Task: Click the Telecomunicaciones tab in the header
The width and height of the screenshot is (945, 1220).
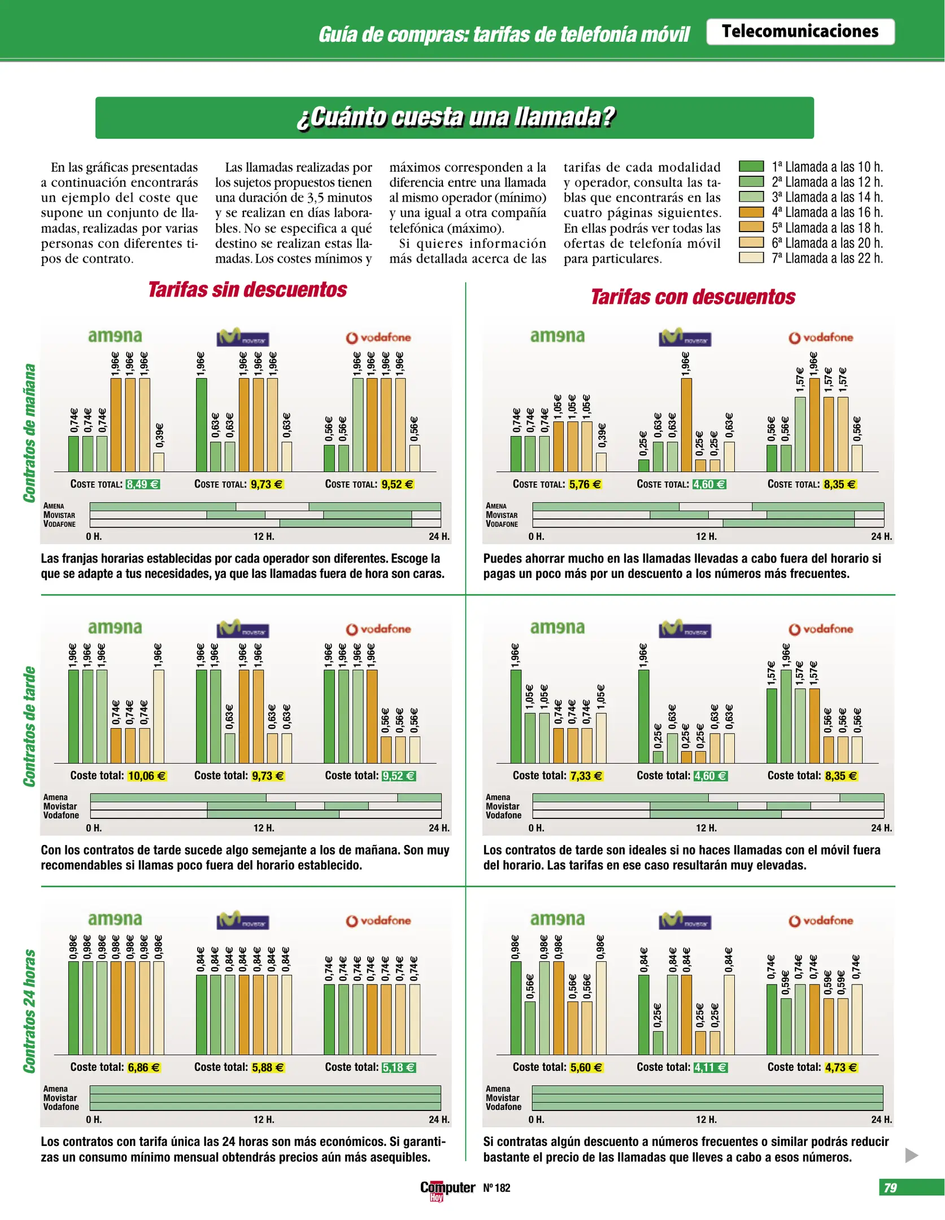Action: point(800,32)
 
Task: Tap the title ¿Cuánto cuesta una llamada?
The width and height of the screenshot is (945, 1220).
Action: point(455,117)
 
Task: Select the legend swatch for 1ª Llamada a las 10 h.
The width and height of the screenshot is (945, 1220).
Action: point(751,167)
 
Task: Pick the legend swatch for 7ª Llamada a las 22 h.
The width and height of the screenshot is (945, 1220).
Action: point(751,258)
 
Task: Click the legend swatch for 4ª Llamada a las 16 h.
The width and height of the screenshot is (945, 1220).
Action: point(751,212)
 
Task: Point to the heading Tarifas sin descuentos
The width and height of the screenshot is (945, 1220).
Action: point(247,290)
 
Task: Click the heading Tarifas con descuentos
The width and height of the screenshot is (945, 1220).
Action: point(693,297)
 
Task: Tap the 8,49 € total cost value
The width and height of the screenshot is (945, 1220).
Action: point(143,484)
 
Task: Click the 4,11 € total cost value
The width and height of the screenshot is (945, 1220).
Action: point(710,1067)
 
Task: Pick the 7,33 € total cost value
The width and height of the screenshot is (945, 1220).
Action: point(586,776)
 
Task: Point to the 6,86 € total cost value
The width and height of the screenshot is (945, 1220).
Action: point(143,1067)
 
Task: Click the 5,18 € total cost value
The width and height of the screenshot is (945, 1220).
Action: point(399,1067)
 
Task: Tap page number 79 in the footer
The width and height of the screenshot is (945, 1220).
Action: point(890,1188)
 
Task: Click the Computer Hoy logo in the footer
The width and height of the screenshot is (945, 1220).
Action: point(447,1189)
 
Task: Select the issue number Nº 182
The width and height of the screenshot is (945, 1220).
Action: point(497,1188)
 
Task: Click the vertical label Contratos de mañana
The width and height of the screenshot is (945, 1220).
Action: point(29,433)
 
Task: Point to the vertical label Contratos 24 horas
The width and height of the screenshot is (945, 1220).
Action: point(29,1011)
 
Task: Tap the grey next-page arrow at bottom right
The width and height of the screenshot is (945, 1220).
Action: point(911,1155)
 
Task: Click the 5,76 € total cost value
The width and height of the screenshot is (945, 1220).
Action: point(585,484)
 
